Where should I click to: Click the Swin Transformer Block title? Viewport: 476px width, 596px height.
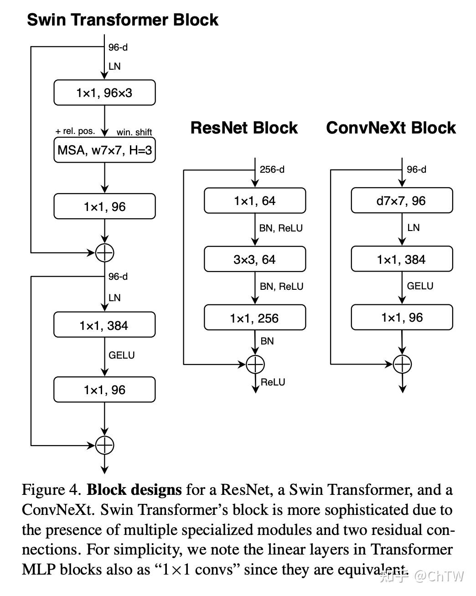tap(123, 20)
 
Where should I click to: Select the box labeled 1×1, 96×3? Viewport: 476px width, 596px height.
tap(104, 92)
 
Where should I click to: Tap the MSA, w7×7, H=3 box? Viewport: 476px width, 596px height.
tap(104, 150)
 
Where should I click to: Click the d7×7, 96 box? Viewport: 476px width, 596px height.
tap(402, 200)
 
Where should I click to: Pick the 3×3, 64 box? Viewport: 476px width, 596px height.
tap(255, 259)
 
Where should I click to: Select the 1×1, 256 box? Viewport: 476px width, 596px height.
tap(255, 318)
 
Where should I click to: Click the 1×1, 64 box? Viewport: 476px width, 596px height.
tap(255, 200)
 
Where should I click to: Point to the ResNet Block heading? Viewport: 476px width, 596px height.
tap(244, 128)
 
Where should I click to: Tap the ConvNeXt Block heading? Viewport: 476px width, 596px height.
tap(391, 128)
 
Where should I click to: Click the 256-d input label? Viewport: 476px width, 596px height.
tap(272, 170)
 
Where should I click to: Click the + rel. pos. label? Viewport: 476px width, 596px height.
tap(75, 131)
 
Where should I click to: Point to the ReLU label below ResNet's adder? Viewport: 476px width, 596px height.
tap(273, 382)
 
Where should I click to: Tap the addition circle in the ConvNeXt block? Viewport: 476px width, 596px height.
tap(402, 364)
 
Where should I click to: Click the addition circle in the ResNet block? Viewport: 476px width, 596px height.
tap(255, 364)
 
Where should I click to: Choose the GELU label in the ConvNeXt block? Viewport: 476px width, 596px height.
tap(420, 286)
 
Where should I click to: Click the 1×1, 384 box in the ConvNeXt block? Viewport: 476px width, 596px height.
tap(402, 259)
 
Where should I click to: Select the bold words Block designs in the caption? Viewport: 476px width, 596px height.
tap(134, 490)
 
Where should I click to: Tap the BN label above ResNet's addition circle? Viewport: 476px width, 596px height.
tap(267, 341)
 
